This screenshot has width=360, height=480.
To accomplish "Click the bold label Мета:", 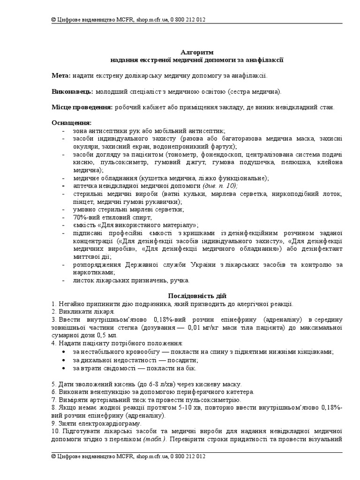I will [x=61, y=75].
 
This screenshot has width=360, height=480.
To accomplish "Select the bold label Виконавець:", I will [x=72, y=91].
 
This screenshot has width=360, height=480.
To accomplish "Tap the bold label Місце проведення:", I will [x=82, y=107].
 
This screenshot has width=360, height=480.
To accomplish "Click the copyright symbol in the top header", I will [x=54, y=20].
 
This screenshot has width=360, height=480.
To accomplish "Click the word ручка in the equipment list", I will [x=180, y=280].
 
